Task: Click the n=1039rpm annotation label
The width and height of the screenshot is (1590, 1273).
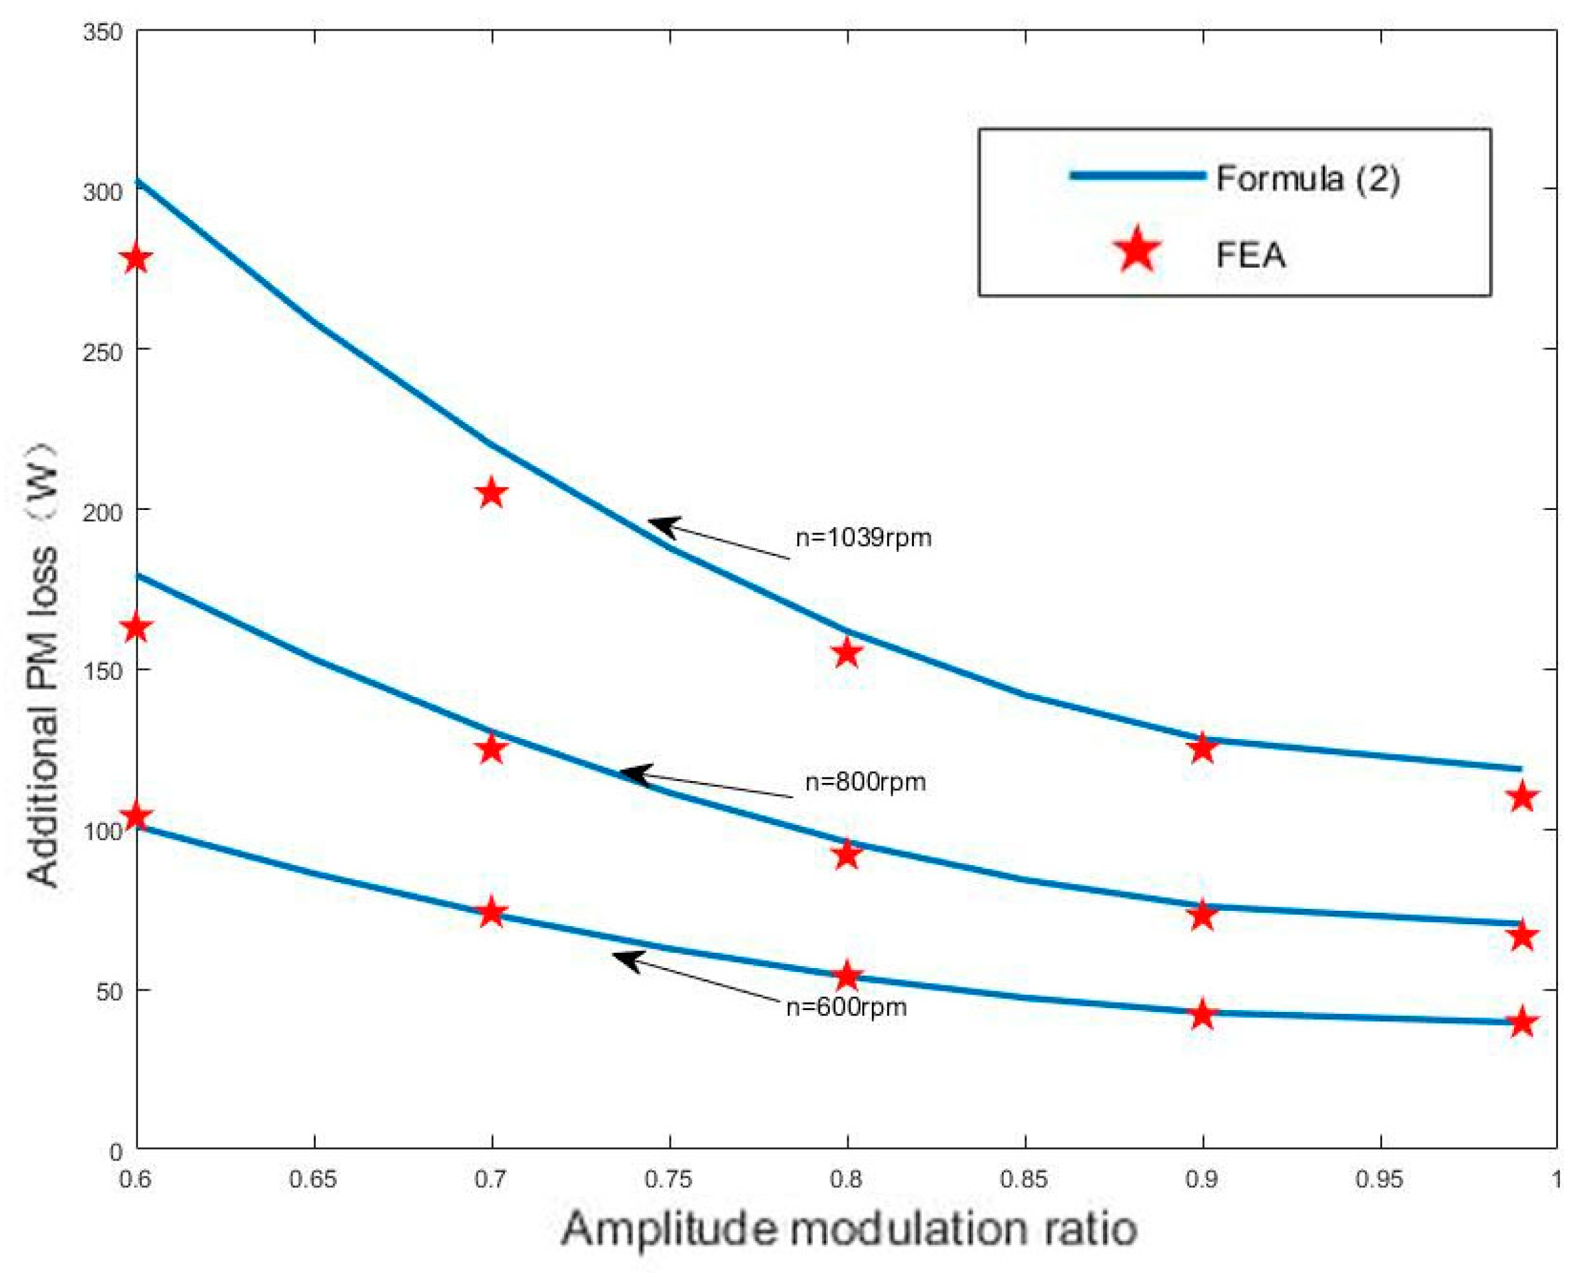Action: pos(863,537)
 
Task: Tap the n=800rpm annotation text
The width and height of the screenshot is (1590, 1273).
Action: pos(865,782)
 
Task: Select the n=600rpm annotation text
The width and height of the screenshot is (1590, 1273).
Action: pos(846,1007)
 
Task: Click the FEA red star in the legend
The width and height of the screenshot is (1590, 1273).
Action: pos(1137,250)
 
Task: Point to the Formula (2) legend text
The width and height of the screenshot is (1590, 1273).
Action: pos(1307,178)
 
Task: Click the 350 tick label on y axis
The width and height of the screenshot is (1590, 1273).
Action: pos(103,33)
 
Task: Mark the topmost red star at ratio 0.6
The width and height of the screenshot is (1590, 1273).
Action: pos(137,259)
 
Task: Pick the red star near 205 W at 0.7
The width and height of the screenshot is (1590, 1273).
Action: pos(492,493)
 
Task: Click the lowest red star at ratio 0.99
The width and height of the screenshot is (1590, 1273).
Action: pos(1521,1023)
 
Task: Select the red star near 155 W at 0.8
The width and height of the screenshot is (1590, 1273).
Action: pos(847,653)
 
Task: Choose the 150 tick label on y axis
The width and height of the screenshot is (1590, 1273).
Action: pos(103,670)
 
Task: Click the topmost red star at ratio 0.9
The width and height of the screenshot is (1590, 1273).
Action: pos(1202,748)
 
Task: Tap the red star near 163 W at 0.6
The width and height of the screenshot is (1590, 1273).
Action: pos(137,629)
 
